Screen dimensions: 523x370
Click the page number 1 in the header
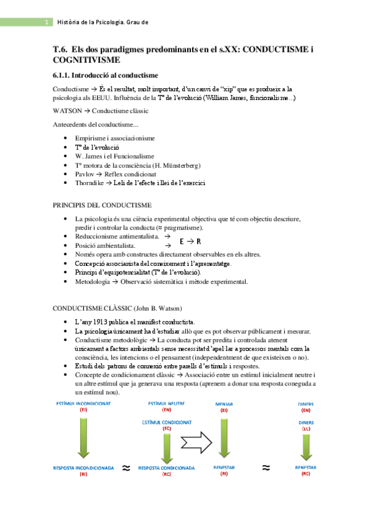47,22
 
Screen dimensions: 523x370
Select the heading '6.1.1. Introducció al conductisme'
106,75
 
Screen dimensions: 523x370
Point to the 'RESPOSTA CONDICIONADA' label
167,468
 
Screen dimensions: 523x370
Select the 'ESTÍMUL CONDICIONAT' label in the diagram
167,422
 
